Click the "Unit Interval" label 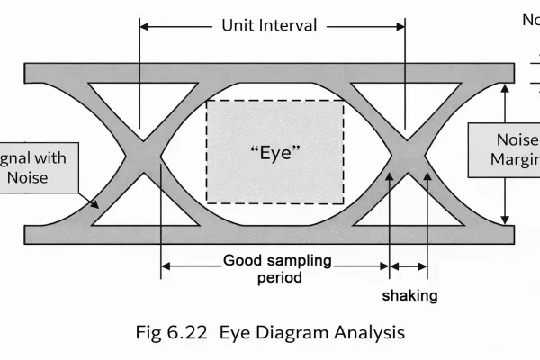(269, 25)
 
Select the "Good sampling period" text (276, 269)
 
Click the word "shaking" (409, 295)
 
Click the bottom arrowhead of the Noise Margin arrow (507, 218)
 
